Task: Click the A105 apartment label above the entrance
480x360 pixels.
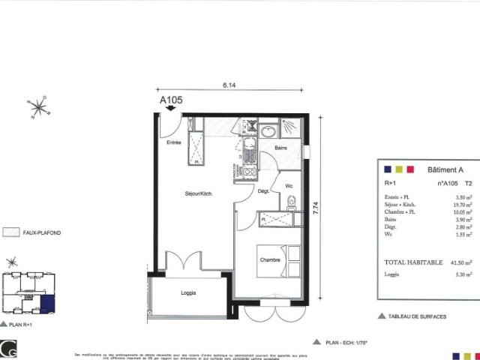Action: [x=171, y=98]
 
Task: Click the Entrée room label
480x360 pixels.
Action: [x=174, y=142]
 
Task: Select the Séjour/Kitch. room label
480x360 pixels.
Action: [x=199, y=193]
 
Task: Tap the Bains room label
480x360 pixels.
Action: [x=281, y=148]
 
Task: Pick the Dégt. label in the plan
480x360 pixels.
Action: [x=263, y=191]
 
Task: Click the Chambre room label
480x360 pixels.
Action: [x=270, y=259]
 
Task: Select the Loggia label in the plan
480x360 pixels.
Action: [x=188, y=292]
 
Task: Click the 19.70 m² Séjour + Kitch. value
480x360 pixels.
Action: [x=460, y=205]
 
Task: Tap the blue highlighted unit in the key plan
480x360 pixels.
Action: [x=47, y=304]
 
